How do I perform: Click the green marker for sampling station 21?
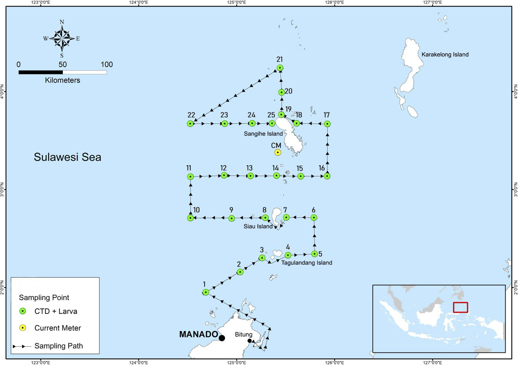click(x=280, y=68)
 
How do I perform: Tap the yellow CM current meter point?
click(x=277, y=152)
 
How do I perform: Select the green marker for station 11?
click(x=190, y=176)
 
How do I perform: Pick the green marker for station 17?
click(x=327, y=124)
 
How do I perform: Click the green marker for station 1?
click(x=206, y=292)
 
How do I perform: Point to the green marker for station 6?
click(x=314, y=217)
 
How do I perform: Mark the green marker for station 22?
click(x=190, y=123)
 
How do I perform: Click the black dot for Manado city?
click(x=222, y=338)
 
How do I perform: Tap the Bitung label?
click(x=243, y=334)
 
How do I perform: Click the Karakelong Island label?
click(x=445, y=55)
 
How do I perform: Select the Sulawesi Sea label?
click(x=67, y=157)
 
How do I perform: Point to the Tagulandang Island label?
click(x=307, y=263)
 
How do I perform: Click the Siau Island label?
click(x=258, y=226)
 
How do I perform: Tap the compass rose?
click(x=62, y=39)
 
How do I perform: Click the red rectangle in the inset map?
click(x=460, y=307)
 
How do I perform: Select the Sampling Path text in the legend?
click(x=59, y=346)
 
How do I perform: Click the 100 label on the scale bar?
click(x=107, y=64)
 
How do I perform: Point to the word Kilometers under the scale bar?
click(x=63, y=80)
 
